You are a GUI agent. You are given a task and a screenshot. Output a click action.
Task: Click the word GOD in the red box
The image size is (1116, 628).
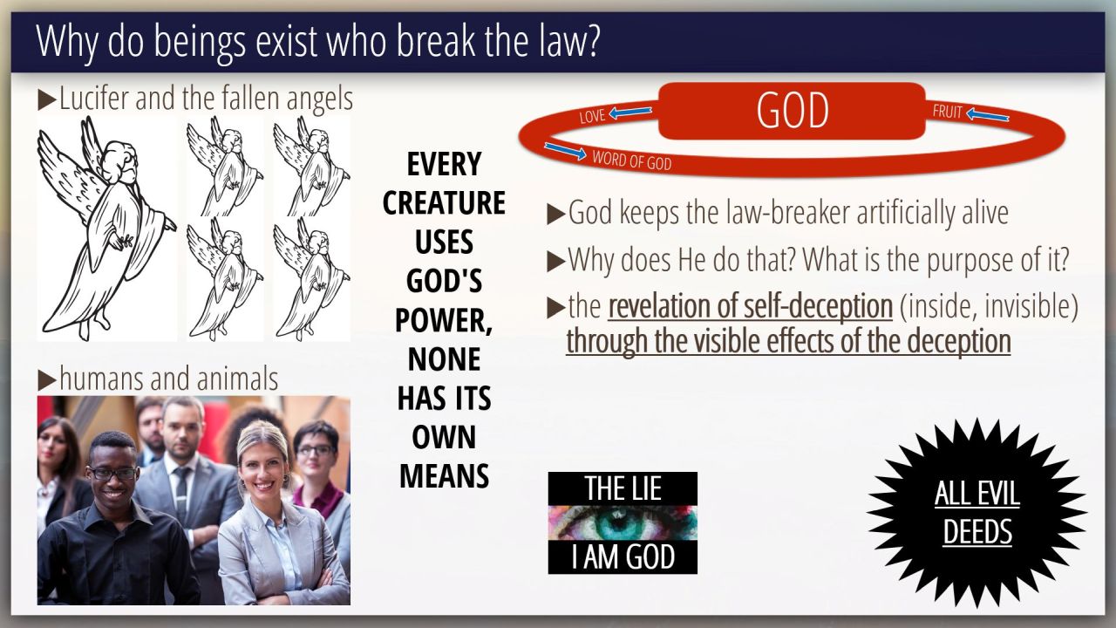[793, 110]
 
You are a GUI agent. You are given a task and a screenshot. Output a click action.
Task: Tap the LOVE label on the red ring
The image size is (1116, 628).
[592, 116]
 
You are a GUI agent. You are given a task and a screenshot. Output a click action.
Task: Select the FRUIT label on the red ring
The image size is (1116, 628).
[947, 112]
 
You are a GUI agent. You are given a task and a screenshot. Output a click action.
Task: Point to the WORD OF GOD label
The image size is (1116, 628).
[632, 160]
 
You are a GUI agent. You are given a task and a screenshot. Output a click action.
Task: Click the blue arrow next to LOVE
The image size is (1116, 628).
[630, 112]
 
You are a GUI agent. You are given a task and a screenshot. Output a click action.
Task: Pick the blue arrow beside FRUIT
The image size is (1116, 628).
[988, 116]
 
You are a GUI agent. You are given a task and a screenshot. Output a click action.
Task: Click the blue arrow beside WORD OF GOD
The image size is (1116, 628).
[566, 151]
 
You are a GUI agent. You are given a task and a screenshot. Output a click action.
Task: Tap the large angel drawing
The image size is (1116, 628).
[106, 229]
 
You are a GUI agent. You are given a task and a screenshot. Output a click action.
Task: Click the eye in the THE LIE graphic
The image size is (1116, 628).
[623, 522]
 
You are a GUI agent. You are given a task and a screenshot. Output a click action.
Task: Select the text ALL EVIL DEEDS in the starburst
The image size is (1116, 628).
[977, 512]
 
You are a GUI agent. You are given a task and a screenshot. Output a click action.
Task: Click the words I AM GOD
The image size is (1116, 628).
[623, 556]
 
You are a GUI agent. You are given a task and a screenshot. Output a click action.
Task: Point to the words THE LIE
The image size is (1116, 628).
[623, 488]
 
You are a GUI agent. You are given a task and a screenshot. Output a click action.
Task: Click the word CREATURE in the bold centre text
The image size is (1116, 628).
[444, 202]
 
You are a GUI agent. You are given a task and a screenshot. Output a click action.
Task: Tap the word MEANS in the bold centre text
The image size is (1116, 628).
[444, 476]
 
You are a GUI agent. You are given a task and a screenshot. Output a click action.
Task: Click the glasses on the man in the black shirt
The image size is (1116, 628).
[112, 474]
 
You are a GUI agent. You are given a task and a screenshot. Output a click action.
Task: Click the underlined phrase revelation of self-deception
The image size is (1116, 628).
[751, 305]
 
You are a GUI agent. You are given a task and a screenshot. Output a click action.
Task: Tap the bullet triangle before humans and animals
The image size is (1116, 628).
[47, 381]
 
